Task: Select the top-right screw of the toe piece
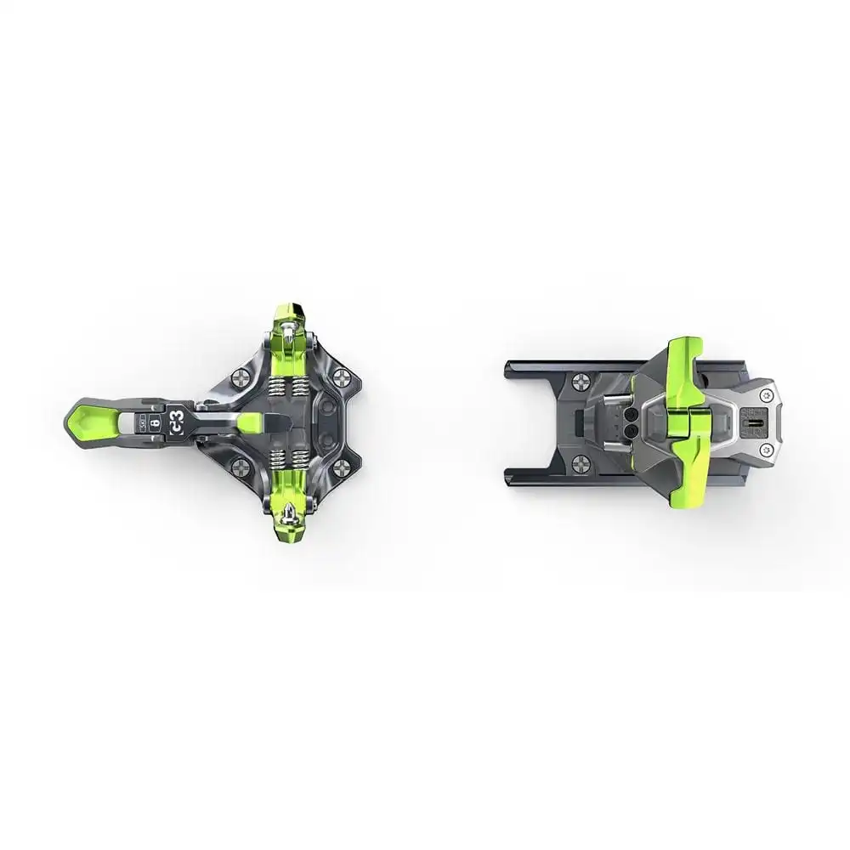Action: coord(343,377)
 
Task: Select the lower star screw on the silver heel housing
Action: coord(767,448)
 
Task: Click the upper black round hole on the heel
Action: coord(632,415)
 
